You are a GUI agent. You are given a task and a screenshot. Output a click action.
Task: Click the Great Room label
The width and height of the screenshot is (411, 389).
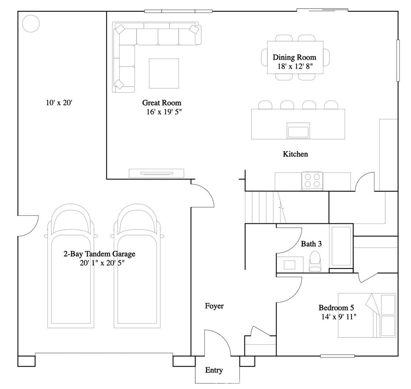click(x=162, y=103)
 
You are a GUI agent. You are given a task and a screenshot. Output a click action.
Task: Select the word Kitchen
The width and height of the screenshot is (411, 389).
click(x=295, y=154)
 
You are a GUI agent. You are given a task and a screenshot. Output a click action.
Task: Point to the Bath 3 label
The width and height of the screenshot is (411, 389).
click(x=311, y=244)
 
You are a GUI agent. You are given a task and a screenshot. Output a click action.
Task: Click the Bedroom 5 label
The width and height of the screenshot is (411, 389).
click(x=337, y=308)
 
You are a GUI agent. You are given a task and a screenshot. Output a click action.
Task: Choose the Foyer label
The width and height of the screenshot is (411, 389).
click(x=214, y=306)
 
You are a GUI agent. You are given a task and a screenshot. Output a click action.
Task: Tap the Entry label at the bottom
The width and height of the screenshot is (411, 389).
click(x=214, y=370)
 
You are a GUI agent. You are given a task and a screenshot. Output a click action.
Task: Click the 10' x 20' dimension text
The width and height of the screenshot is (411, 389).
click(x=59, y=103)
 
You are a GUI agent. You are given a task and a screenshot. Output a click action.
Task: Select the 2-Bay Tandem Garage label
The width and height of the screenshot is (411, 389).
click(x=99, y=254)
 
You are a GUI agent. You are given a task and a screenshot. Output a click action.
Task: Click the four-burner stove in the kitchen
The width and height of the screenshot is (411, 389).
click(x=312, y=180)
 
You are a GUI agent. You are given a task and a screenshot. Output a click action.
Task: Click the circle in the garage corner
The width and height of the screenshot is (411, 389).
click(x=31, y=23)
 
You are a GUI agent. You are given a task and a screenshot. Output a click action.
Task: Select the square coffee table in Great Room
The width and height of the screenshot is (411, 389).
click(x=164, y=73)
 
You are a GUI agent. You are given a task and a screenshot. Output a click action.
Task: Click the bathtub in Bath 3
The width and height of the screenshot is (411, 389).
click(x=342, y=247)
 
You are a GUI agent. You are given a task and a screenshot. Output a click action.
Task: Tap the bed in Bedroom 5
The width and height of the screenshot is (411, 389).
click(x=367, y=315)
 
